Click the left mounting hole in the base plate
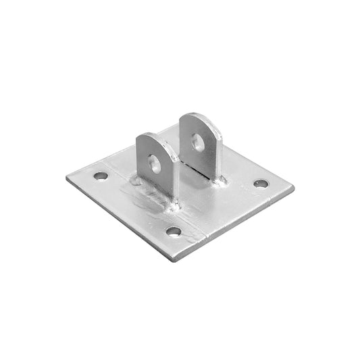tap(101, 176)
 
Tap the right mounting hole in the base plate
tap(261, 183)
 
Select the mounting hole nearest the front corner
tap(174, 231)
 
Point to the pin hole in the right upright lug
tap(197, 143)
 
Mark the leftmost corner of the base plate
tap(68, 179)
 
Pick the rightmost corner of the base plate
tap(292, 188)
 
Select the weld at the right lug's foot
tap(215, 181)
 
